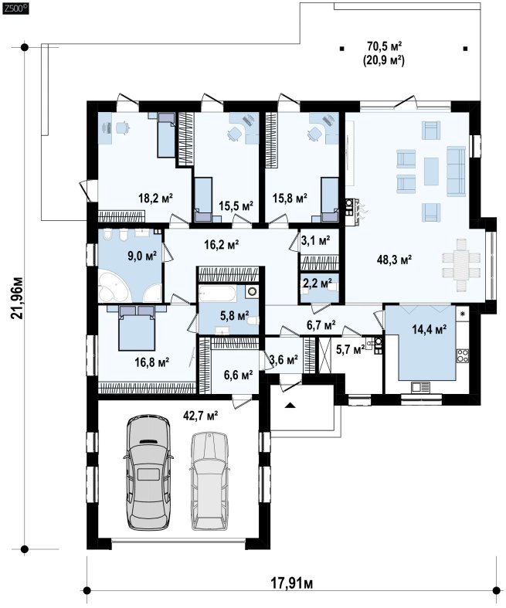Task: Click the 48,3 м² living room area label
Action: click(x=394, y=260)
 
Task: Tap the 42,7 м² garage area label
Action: click(x=200, y=416)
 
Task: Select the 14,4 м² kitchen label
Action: click(x=429, y=330)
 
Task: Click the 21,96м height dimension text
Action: click(x=17, y=297)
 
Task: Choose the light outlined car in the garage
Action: click(x=209, y=481)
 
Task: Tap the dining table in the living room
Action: click(x=461, y=265)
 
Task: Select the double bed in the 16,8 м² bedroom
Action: click(x=137, y=328)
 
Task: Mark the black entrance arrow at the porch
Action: click(x=290, y=405)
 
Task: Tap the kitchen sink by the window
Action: click(x=420, y=387)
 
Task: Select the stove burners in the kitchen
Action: click(x=463, y=355)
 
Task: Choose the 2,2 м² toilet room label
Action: click(x=318, y=283)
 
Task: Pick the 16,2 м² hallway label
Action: click(x=221, y=244)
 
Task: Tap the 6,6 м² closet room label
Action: click(x=239, y=375)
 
